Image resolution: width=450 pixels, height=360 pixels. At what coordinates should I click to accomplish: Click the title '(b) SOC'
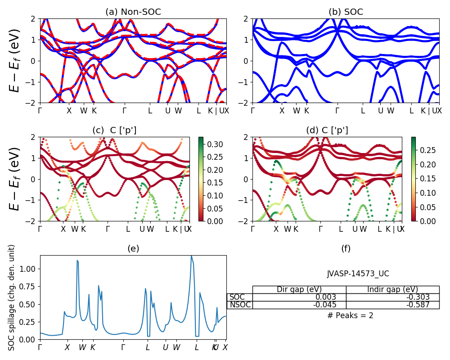(x=346, y=12)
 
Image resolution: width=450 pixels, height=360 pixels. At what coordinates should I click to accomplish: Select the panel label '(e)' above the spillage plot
(x=133, y=248)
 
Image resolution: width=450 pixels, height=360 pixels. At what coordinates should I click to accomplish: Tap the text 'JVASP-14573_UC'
(x=358, y=274)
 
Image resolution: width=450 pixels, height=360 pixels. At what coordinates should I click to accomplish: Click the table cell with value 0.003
(x=299, y=297)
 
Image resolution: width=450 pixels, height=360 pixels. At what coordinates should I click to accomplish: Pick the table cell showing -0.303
(x=392, y=297)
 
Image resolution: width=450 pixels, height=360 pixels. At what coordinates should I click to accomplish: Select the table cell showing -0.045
(x=299, y=305)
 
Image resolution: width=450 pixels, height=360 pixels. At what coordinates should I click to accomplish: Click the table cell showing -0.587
(x=392, y=305)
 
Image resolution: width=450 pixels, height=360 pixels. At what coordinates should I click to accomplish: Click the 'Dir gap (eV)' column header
(x=299, y=289)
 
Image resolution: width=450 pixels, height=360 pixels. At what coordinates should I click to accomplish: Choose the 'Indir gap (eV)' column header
(x=392, y=289)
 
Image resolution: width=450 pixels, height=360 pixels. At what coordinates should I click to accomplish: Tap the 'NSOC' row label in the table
(x=239, y=305)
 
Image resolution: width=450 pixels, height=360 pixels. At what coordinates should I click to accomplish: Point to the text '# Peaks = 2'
(x=351, y=315)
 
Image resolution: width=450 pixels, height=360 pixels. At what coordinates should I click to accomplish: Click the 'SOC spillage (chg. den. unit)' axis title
(x=13, y=297)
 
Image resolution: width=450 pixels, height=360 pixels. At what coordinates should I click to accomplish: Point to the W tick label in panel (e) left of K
(x=82, y=347)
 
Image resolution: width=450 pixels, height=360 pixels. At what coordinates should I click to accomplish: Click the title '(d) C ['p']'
(x=327, y=130)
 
